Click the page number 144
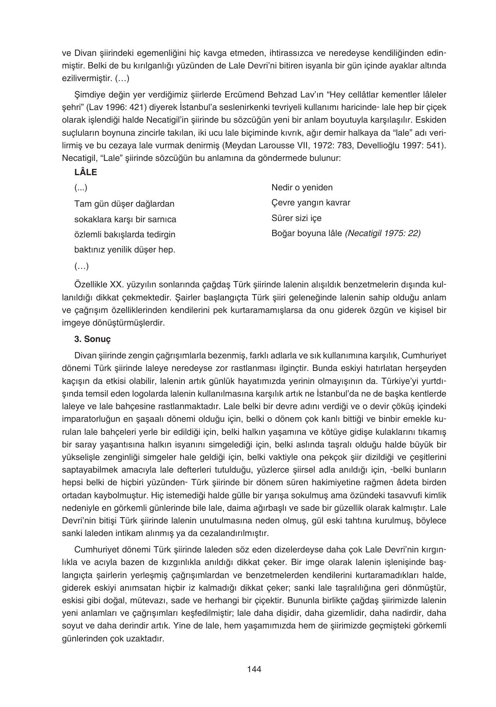[x=254, y=669]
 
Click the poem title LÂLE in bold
[x=86, y=172]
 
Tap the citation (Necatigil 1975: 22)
[x=383, y=233]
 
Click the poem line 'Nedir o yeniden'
[x=302, y=187]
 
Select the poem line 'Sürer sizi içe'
[x=297, y=218]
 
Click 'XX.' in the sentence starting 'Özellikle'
[x=117, y=284]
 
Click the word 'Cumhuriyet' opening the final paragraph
[x=95, y=550]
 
